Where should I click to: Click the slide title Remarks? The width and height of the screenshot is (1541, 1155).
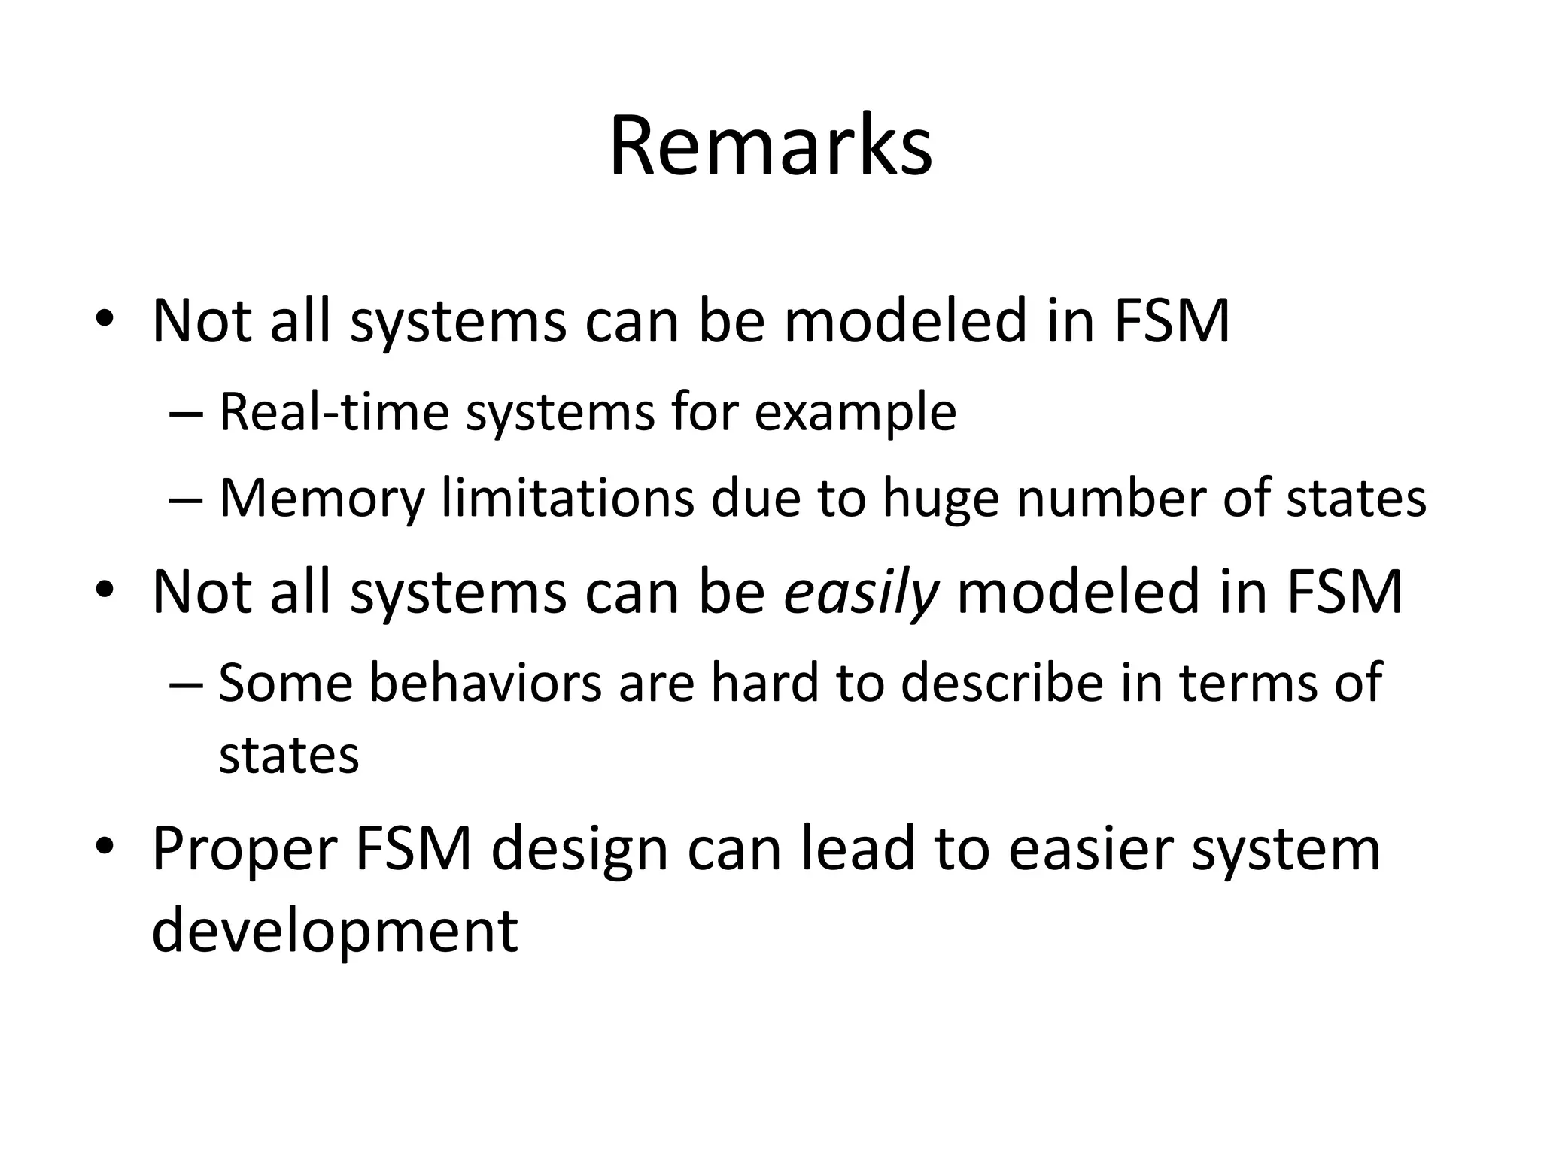[x=770, y=147]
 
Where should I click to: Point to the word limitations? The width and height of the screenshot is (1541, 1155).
[x=567, y=498]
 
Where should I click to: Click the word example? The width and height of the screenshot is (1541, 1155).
[x=855, y=414]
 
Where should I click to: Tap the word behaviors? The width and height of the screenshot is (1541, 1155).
[x=485, y=683]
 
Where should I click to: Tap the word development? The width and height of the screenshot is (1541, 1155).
[x=335, y=931]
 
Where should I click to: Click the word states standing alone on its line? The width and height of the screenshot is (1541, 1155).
[x=288, y=755]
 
